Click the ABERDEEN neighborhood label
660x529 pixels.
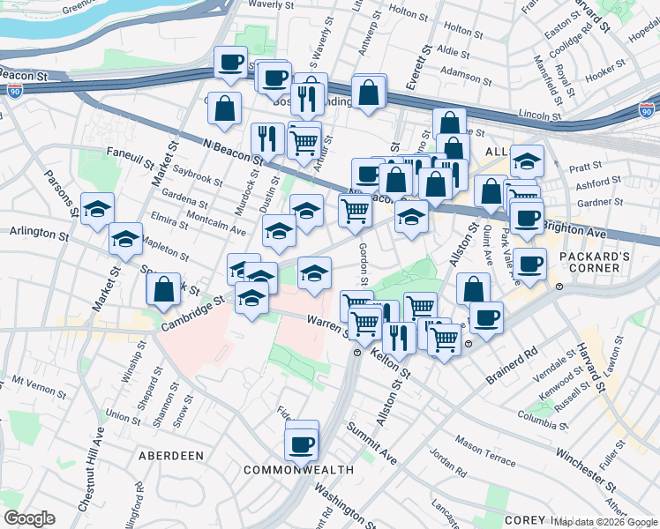[171, 456]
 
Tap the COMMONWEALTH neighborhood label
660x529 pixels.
[298, 469]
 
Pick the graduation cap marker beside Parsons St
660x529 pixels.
[97, 210]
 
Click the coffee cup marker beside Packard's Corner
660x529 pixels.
[530, 263]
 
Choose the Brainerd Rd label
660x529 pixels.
[512, 364]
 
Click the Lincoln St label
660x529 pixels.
[541, 115]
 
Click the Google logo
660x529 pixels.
[29, 518]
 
